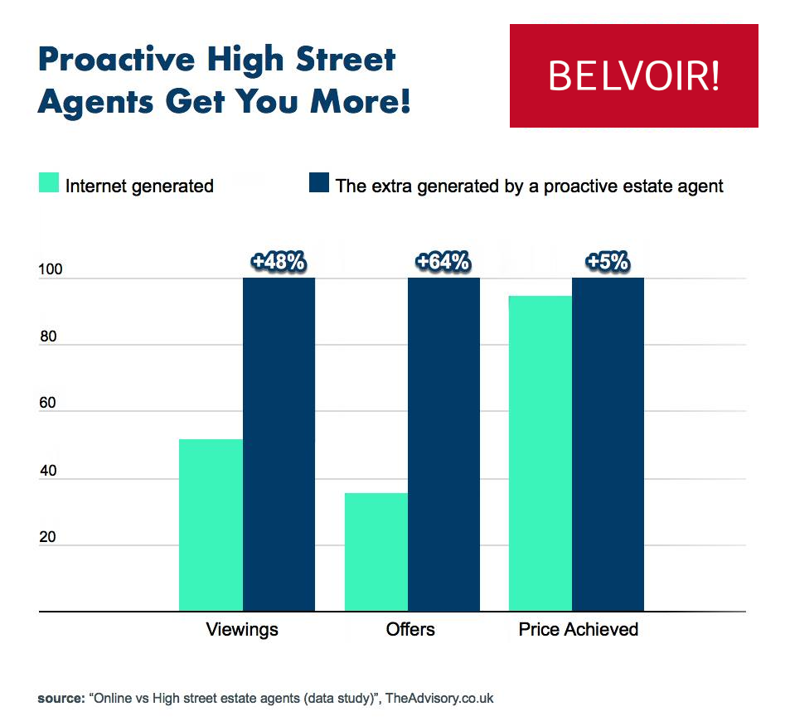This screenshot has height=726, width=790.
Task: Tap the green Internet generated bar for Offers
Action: tap(376, 552)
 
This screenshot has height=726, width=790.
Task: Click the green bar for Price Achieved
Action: tap(540, 453)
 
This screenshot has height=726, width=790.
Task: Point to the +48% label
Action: tap(279, 263)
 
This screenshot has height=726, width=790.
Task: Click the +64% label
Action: tap(443, 263)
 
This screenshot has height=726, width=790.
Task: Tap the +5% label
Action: tap(608, 263)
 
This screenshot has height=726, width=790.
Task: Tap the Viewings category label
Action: tap(242, 630)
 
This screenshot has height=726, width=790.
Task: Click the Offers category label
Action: tap(410, 630)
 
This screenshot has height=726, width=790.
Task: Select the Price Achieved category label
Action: tap(579, 630)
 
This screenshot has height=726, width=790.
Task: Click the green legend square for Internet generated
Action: tap(48, 184)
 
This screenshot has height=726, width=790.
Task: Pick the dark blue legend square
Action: tap(318, 184)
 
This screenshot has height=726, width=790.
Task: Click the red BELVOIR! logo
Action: tap(633, 75)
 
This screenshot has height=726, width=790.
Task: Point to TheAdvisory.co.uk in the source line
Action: tap(439, 698)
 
